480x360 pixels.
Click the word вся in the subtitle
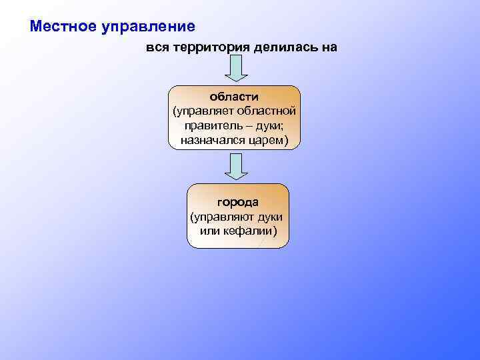[159, 48]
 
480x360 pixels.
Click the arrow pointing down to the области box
[234, 69]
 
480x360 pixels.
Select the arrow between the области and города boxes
[234, 167]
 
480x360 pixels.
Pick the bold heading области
[234, 97]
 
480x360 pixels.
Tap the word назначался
[210, 140]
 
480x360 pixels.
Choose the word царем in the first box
[267, 140]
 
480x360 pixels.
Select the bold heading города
[237, 202]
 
